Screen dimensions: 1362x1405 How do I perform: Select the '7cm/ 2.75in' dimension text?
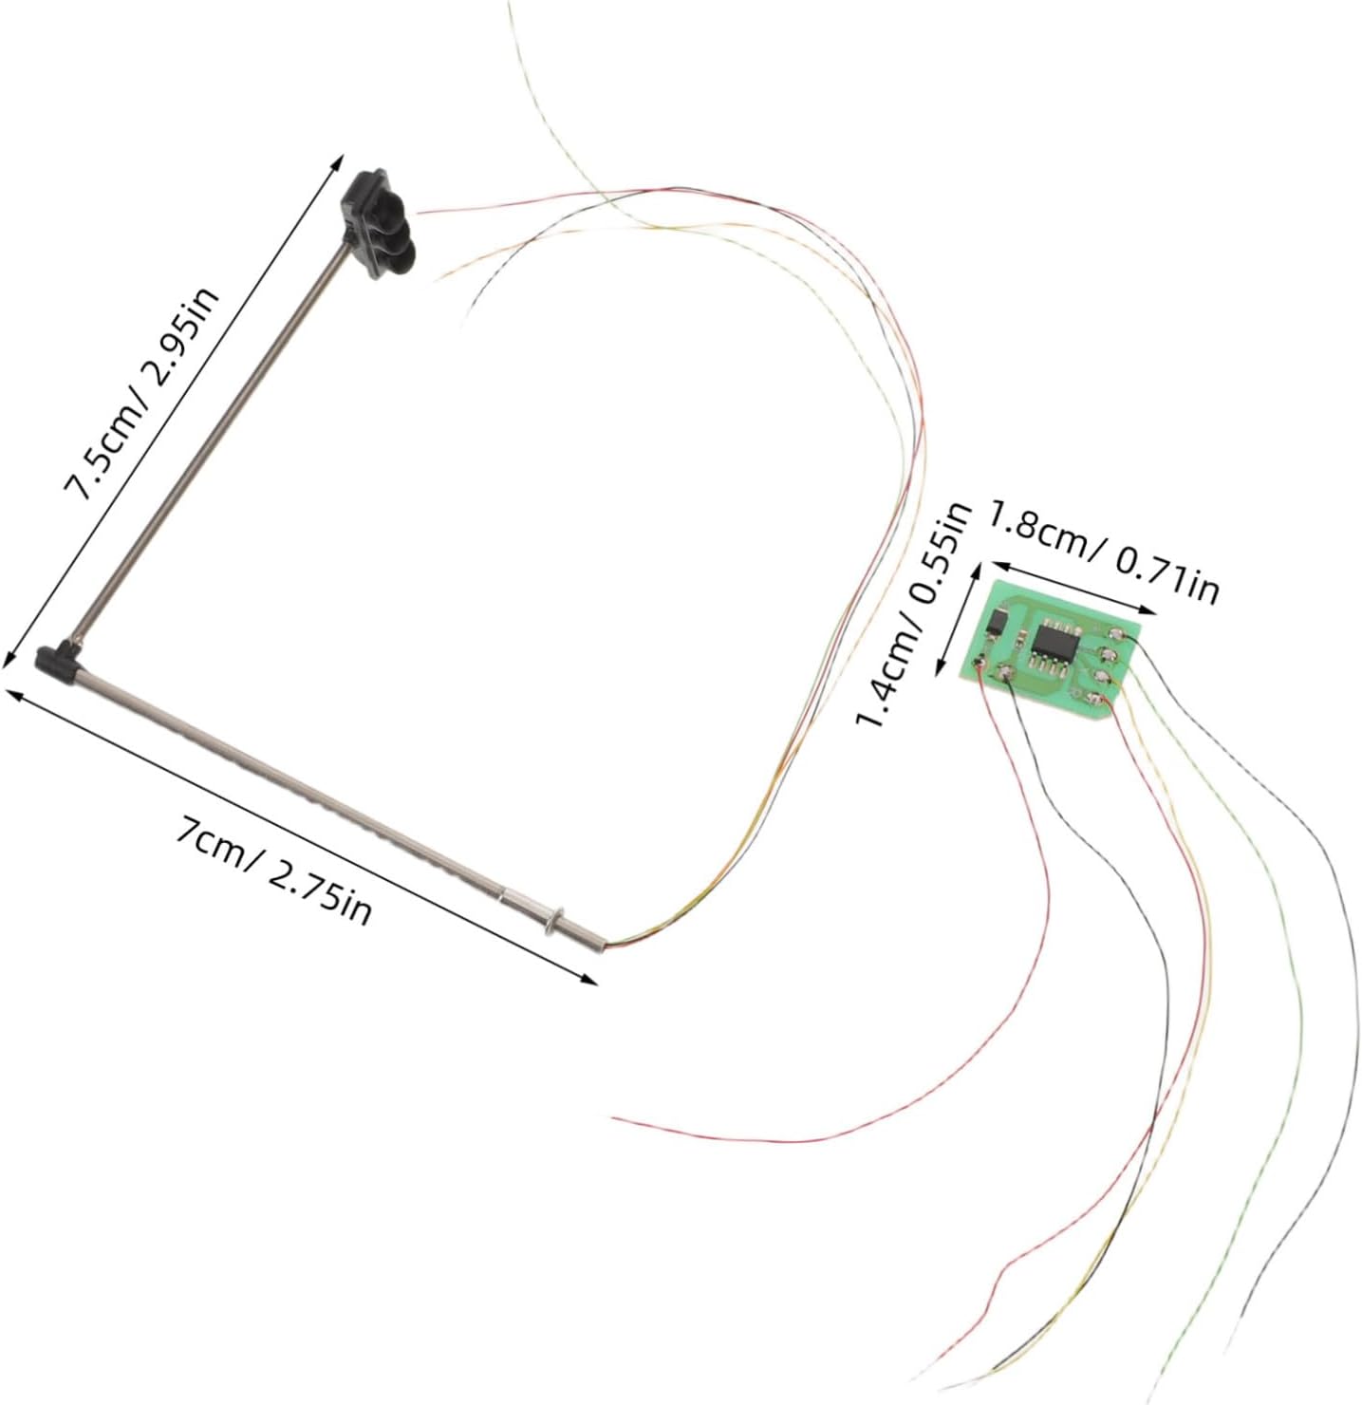click(273, 870)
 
